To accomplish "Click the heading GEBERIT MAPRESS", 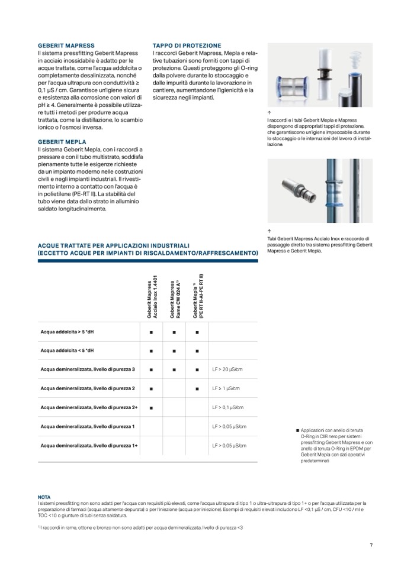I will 66,46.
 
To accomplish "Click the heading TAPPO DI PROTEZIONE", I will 187,46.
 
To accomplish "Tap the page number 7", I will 371,544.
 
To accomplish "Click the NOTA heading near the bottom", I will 44,497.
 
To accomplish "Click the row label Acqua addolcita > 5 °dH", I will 67,332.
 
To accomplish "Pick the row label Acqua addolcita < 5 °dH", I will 67,351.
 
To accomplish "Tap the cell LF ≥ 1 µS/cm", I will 224,388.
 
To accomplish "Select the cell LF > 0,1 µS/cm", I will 227,407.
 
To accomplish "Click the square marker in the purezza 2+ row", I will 152,407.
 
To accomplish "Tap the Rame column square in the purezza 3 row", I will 174,369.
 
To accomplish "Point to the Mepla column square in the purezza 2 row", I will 197,388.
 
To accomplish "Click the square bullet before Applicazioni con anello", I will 297,430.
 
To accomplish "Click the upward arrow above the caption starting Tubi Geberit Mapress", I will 269,231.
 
